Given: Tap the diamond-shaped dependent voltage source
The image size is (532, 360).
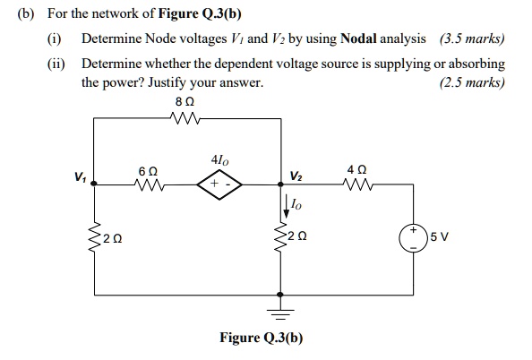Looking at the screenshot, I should (219, 184).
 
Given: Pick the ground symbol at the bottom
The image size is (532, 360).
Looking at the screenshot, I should (282, 311).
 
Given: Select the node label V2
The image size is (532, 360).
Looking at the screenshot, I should (296, 175).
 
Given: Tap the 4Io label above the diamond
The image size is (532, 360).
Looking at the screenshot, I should (219, 161).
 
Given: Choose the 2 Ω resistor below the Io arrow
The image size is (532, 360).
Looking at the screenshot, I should (282, 238).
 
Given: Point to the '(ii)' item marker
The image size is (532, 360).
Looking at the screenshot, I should (58, 64).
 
